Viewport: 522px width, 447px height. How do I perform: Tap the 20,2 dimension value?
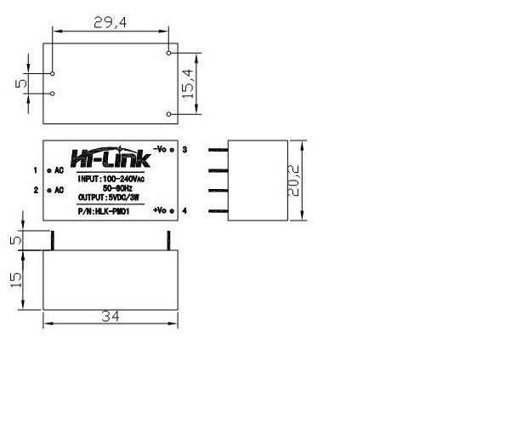[294, 181]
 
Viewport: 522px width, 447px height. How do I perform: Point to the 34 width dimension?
[110, 317]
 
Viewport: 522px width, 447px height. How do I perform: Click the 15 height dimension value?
[15, 279]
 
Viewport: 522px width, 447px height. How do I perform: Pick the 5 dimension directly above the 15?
[15, 240]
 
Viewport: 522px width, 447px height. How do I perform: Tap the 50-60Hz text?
[110, 187]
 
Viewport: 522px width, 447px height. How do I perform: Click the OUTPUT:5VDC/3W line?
[110, 197]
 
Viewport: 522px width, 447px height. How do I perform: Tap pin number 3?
[184, 150]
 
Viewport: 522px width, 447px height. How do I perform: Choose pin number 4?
[184, 210]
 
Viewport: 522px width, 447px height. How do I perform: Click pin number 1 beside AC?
[36, 170]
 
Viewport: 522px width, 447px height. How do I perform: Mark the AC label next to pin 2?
[59, 190]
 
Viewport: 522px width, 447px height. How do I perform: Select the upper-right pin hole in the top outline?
[169, 54]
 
